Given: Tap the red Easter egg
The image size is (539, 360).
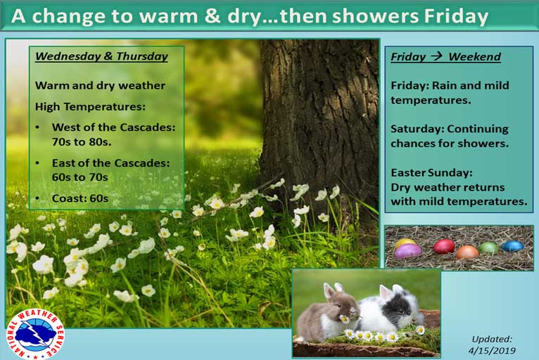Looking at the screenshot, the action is point(444,246).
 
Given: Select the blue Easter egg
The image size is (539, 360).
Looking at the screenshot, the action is point(512,246).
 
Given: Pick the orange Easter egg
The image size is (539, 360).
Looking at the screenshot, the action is point(467,252).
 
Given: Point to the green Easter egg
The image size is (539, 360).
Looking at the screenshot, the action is point(488,247).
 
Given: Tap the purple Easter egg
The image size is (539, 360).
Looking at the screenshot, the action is point(407,251).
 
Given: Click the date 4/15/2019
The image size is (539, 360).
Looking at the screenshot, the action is point(492,350).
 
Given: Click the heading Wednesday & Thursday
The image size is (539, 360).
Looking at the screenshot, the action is point(101,56).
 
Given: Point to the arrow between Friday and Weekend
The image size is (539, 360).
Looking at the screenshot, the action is point(436,56).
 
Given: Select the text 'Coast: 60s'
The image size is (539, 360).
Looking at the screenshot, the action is point(80,198).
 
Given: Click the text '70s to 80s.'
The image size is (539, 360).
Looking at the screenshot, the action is point(82,141).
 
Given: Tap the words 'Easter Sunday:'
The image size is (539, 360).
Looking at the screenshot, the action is point(431,172).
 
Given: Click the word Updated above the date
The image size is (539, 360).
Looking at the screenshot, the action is point(492,340).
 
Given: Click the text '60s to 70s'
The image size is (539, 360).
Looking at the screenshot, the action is point(80,177).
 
